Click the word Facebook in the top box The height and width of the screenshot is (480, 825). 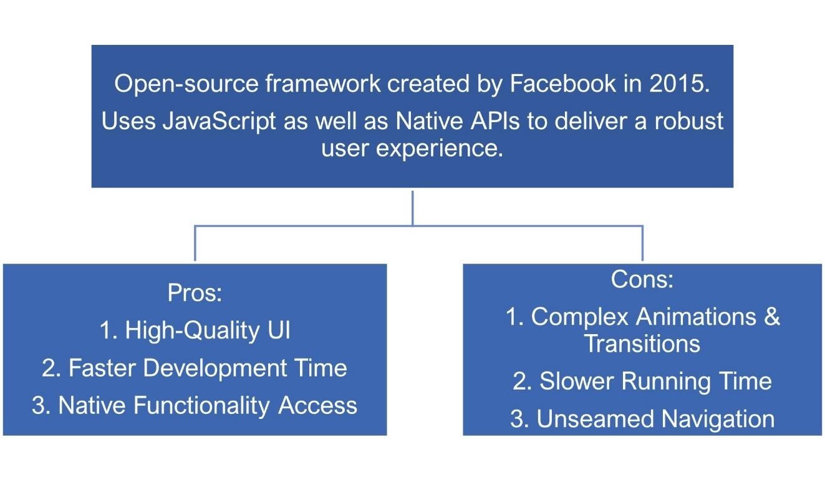[562, 84]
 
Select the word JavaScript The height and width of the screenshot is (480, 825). [220, 122]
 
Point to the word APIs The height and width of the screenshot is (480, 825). [495, 121]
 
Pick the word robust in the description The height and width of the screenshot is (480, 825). [688, 121]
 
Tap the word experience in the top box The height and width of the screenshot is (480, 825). [439, 149]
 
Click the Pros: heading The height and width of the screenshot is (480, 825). [195, 293]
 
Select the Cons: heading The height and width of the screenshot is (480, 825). [642, 279]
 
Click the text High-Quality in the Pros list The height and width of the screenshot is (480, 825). [193, 330]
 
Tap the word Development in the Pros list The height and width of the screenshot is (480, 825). [215, 369]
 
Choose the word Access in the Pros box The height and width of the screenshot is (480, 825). [317, 406]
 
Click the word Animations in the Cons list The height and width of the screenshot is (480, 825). [696, 317]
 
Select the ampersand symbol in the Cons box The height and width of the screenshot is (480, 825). [772, 317]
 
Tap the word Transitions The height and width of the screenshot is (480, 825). [642, 344]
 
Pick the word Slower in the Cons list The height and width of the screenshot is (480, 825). [577, 381]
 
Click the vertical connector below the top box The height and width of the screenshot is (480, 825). [413, 208]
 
